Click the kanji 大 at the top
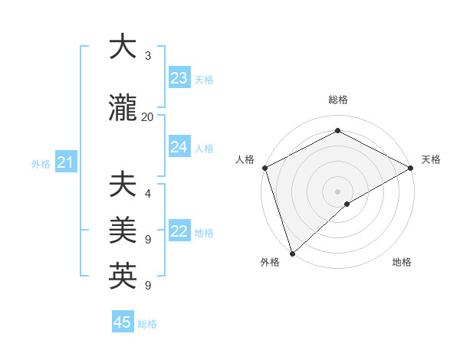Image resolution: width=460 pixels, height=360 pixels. click(x=123, y=47)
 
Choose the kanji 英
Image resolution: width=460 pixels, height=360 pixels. click(x=123, y=275)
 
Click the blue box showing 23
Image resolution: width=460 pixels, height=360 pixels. click(x=179, y=78)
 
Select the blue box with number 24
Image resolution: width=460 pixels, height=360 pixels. click(x=179, y=147)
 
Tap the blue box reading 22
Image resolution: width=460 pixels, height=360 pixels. click(x=179, y=232)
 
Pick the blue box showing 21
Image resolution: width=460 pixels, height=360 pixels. click(x=65, y=162)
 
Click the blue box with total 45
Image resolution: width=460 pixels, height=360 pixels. click(x=123, y=322)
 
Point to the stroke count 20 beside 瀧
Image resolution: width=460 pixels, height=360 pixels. click(x=147, y=116)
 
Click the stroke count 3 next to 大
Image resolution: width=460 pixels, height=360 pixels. click(x=147, y=56)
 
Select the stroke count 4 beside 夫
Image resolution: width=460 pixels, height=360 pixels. click(x=147, y=195)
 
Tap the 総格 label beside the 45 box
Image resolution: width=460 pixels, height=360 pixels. click(x=147, y=324)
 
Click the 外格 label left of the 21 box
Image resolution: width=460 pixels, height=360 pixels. click(x=41, y=163)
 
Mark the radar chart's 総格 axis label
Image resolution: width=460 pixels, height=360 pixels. click(x=337, y=100)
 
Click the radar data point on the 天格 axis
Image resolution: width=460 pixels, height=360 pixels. click(x=411, y=168)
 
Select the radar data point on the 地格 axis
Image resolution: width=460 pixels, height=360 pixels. click(x=347, y=204)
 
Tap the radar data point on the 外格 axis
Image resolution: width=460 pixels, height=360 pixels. click(x=291, y=253)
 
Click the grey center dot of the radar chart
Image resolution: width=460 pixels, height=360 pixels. click(x=337, y=191)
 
